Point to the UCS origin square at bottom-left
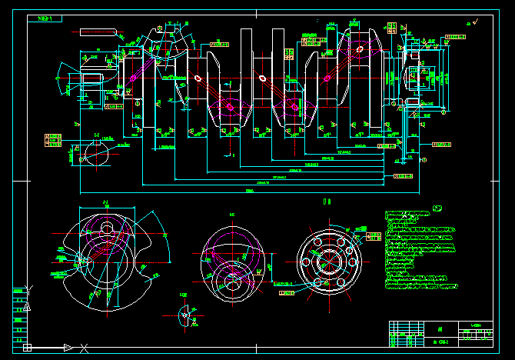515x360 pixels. click(x=28, y=348)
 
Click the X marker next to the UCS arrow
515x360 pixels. click(x=85, y=348)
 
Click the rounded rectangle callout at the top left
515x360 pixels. click(x=97, y=32)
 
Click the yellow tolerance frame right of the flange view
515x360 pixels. click(x=374, y=236)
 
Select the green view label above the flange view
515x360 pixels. click(x=327, y=202)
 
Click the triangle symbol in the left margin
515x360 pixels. click(x=28, y=306)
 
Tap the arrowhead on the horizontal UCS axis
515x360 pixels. click(x=69, y=348)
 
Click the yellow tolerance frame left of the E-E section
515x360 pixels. click(x=53, y=139)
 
